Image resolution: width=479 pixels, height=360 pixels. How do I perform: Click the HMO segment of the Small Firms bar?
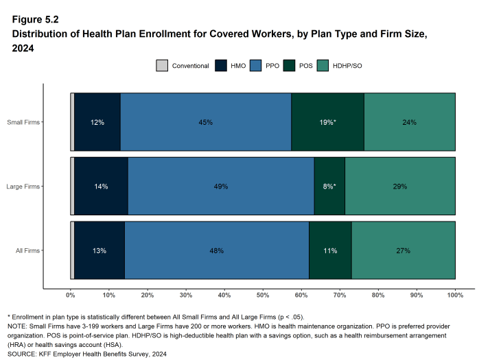[x=97, y=122]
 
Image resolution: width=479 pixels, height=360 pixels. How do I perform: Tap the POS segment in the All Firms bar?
[x=330, y=250]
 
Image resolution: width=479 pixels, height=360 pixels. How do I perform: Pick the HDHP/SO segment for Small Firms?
[x=410, y=122]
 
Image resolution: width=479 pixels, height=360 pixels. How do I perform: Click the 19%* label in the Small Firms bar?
[x=327, y=122]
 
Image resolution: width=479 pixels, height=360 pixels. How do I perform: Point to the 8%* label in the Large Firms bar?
[x=329, y=187]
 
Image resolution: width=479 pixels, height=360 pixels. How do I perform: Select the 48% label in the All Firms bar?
[x=217, y=250]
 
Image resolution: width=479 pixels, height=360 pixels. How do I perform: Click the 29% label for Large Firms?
[x=400, y=187]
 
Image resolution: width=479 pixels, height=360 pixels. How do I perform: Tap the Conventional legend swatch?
[x=162, y=66]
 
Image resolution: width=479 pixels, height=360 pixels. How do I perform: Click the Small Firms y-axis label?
[x=23, y=123]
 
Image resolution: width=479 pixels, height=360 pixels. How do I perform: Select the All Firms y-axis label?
[x=27, y=251]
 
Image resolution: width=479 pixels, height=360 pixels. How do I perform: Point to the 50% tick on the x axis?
[x=263, y=295]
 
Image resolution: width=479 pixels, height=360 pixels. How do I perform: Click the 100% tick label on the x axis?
[x=455, y=295]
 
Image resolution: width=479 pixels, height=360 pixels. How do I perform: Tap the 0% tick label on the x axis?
[x=70, y=295]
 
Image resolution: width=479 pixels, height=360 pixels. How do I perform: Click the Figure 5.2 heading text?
[x=35, y=19]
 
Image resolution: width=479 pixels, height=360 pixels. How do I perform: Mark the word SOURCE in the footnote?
[x=19, y=355]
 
